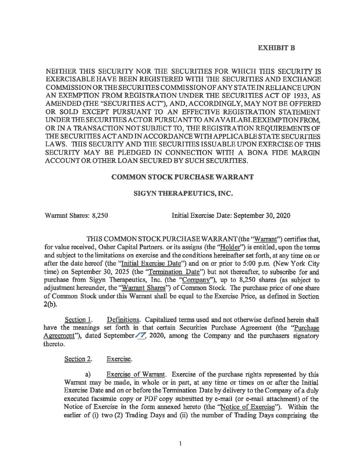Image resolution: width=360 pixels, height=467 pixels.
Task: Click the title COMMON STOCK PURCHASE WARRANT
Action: pyautogui.click(x=182, y=177)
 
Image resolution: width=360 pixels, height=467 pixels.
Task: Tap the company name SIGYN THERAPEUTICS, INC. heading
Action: pyautogui.click(x=183, y=194)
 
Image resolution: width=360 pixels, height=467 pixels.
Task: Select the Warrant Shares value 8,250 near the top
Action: pyautogui.click(x=100, y=215)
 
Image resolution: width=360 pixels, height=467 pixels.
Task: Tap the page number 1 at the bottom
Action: pyautogui.click(x=180, y=443)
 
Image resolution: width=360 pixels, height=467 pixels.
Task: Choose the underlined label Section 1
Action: pyautogui.click(x=78, y=320)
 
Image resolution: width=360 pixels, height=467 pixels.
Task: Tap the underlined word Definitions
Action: pyautogui.click(x=123, y=320)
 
